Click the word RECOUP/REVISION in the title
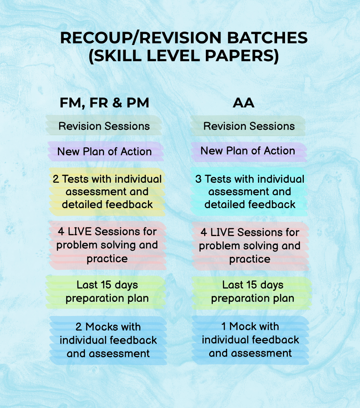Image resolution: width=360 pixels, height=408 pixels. click(141, 38)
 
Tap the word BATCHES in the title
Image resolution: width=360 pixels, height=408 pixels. click(267, 38)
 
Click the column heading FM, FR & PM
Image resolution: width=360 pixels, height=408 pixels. click(105, 103)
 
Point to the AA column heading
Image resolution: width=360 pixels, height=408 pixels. click(244, 103)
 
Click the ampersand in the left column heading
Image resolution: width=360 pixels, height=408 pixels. click(117, 103)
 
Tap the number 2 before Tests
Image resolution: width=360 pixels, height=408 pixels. click(56, 179)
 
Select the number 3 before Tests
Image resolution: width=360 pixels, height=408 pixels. click(198, 179)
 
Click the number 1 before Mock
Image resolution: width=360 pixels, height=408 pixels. click(224, 326)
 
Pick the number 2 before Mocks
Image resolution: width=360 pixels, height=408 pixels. click(79, 327)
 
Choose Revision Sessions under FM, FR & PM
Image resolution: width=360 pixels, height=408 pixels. click(104, 126)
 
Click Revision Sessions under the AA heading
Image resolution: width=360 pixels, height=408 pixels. click(249, 126)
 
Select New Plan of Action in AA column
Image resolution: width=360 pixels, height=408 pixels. click(248, 151)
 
